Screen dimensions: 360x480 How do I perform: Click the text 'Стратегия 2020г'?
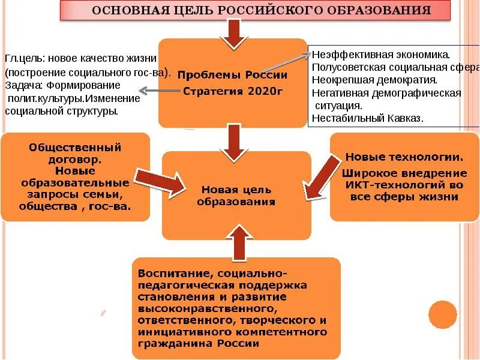(x=232, y=91)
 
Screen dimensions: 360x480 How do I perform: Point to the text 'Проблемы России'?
(x=232, y=76)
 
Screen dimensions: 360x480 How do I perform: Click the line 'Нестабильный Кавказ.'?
(x=368, y=118)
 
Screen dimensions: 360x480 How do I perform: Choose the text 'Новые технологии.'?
(x=404, y=158)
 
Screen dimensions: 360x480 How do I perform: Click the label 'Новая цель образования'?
(x=236, y=196)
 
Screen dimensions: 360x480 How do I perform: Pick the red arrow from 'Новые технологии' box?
(x=322, y=177)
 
